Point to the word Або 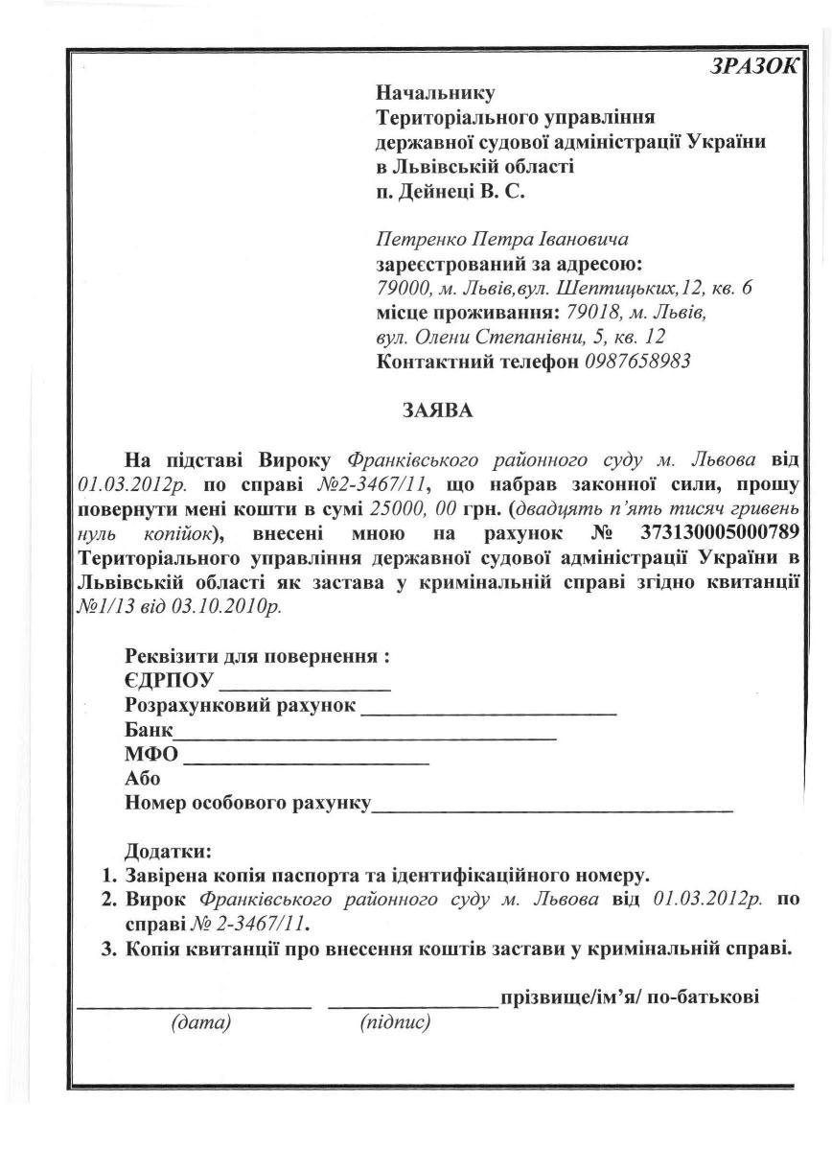tap(143, 779)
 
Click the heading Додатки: tap(168, 851)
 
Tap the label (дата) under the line tap(201, 1023)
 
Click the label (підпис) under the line tap(395, 1023)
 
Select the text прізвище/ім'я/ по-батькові tap(630, 997)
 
